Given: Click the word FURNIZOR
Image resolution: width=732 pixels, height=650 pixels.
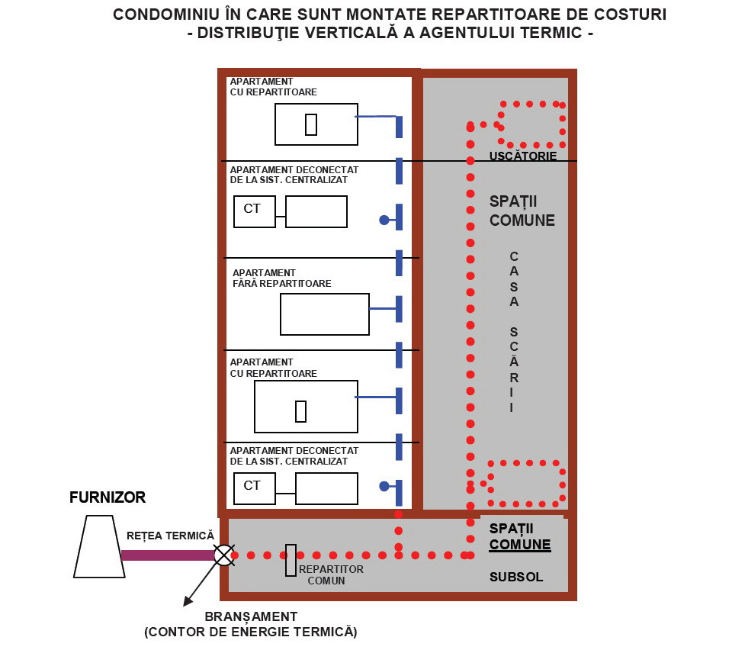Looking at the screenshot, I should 108,498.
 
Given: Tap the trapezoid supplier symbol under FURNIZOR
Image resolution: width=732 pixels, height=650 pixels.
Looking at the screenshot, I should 100,545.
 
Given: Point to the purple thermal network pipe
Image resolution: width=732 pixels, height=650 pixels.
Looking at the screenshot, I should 168,555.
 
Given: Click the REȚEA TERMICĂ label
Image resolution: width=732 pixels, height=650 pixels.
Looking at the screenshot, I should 171,536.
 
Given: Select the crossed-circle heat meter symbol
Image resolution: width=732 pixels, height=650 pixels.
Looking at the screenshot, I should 223,555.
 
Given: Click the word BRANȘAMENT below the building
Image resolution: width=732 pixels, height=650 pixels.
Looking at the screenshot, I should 251,616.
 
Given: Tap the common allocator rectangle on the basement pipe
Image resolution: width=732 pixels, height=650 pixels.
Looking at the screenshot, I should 291,561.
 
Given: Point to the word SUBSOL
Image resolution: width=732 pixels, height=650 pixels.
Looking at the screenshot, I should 516,578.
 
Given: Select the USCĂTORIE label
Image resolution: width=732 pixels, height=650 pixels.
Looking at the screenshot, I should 523,156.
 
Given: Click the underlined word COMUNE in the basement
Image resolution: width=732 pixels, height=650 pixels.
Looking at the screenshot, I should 520,545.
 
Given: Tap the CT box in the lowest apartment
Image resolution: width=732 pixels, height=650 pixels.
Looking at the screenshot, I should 253,486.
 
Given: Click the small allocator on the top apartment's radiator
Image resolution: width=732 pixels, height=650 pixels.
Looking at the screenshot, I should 310,124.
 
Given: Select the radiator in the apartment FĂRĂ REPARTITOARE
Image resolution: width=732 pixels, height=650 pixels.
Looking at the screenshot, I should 325,314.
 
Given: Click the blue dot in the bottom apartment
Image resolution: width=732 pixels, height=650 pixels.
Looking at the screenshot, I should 384,486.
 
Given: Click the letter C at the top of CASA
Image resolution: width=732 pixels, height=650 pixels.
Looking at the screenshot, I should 514,256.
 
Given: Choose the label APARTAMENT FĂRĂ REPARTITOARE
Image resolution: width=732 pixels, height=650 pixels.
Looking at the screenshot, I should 281,278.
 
